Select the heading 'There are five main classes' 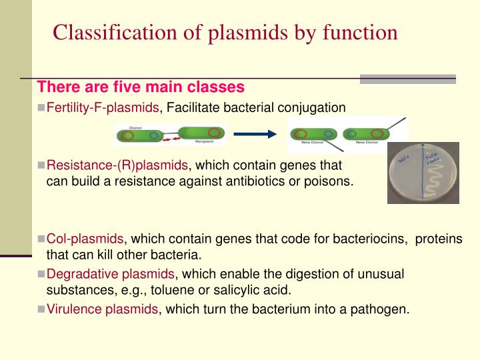click(141, 87)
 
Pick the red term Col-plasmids click(85, 239)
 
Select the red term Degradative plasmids click(110, 274)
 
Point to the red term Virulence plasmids click(102, 309)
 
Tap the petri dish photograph click(423, 173)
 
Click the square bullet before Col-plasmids click(41, 239)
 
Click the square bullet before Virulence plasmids click(41, 309)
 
